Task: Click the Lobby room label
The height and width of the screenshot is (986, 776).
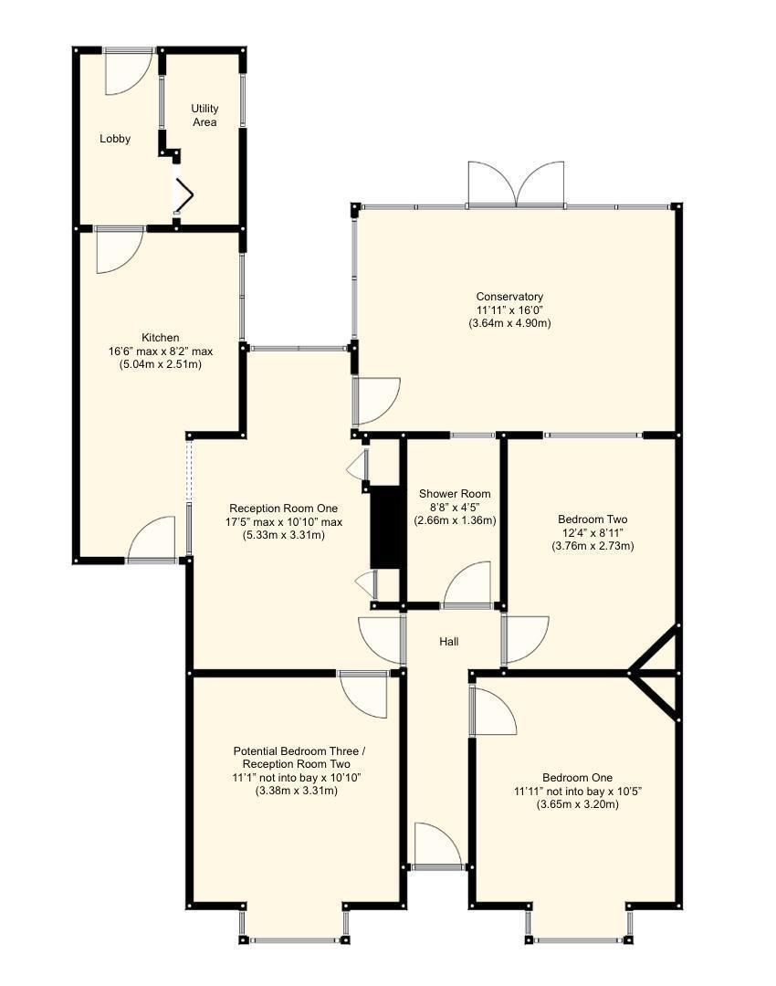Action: [115, 139]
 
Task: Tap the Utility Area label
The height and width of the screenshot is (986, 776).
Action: [204, 115]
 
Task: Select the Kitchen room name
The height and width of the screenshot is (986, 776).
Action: [160, 337]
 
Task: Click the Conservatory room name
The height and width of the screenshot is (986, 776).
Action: [509, 297]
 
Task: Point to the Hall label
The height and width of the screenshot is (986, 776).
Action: [448, 642]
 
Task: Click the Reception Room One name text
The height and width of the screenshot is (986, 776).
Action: [283, 509]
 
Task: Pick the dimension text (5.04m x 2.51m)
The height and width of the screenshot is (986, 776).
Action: [160, 363]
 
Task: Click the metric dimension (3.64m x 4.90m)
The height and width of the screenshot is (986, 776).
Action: [509, 323]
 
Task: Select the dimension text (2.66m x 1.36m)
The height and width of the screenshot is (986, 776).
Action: [455, 520]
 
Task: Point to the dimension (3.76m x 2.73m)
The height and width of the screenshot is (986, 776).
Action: [592, 546]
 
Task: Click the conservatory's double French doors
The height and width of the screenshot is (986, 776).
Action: [516, 184]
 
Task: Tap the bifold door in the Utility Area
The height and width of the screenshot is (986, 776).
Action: [183, 193]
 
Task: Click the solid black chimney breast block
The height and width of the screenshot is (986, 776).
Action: [386, 527]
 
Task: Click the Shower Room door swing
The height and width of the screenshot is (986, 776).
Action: [469, 586]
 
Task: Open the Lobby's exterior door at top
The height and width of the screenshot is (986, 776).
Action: [128, 71]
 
